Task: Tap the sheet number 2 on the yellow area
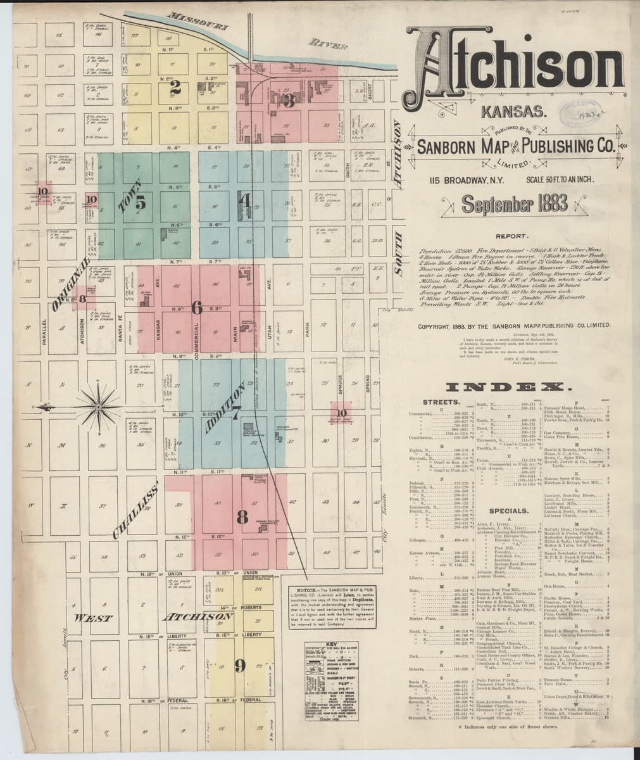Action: click(175, 88)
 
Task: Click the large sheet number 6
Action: click(197, 308)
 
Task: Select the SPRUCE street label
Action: click(340, 384)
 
